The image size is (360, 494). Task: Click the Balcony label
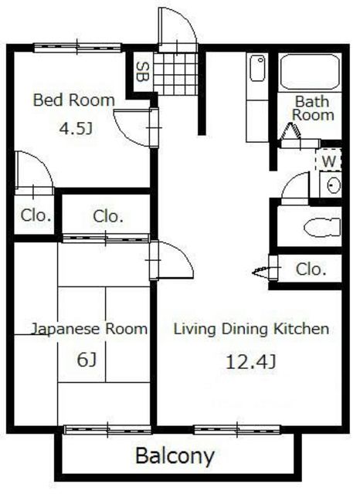click(175, 456)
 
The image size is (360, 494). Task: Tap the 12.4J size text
click(251, 362)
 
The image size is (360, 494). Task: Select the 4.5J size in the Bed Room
click(76, 129)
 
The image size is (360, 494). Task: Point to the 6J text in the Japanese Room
click(87, 360)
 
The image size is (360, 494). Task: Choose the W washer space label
click(329, 161)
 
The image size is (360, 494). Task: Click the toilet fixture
click(322, 227)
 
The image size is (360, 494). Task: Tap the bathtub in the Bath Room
click(310, 72)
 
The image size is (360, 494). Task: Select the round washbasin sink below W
click(333, 185)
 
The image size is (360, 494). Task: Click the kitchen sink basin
click(257, 68)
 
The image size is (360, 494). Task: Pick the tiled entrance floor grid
click(175, 73)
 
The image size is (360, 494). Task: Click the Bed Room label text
click(74, 100)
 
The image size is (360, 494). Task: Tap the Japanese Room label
click(90, 329)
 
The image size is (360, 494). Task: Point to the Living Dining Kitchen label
click(251, 329)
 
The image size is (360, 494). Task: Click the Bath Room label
click(313, 108)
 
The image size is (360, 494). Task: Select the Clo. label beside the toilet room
click(311, 269)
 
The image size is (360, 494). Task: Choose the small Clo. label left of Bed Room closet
click(36, 215)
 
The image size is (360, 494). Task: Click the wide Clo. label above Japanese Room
click(108, 216)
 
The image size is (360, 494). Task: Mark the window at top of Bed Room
click(77, 48)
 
